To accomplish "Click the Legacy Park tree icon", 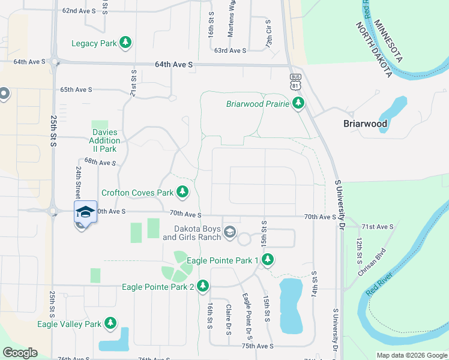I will (125, 43).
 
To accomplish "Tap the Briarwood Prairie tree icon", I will (298, 104).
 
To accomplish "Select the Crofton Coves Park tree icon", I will (183, 193).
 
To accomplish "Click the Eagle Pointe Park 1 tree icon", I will (268, 260).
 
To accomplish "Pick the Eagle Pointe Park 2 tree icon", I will (203, 286).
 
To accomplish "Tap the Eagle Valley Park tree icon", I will (110, 324).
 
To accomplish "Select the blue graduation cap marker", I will (85, 212).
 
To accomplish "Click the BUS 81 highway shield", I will (295, 82).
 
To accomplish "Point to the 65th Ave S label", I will (76, 89).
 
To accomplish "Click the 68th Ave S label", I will (100, 162).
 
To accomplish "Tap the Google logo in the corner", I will (20, 353).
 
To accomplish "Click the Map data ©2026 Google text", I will (412, 355).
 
